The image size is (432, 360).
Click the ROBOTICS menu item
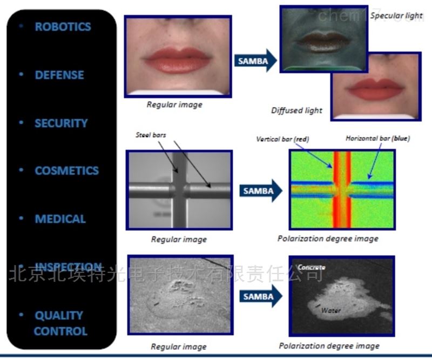(63, 26)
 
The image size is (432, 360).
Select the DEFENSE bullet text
(59, 75)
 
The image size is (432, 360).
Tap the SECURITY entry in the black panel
(61, 123)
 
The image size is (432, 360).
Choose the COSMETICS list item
(66, 171)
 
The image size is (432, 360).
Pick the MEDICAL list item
(60, 219)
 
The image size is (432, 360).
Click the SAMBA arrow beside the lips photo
(255, 61)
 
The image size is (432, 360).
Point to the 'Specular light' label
(396, 15)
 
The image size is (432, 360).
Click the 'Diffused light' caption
(296, 110)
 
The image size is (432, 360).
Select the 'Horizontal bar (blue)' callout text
(377, 138)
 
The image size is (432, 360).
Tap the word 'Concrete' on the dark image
(311, 268)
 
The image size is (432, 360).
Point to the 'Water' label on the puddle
(330, 310)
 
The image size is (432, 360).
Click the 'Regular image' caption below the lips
(174, 104)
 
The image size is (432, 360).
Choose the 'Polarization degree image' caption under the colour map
(328, 238)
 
